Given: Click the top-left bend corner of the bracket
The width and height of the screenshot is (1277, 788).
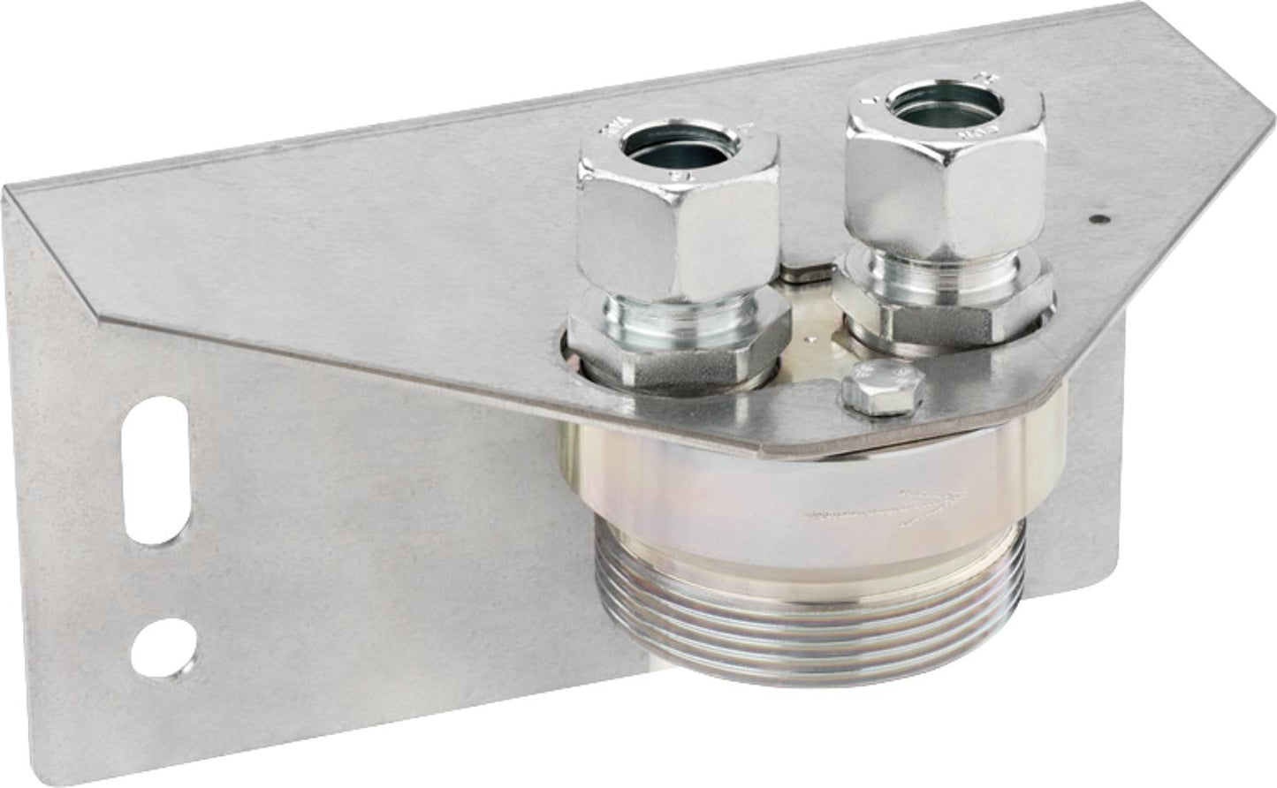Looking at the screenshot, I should pos(11,188).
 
